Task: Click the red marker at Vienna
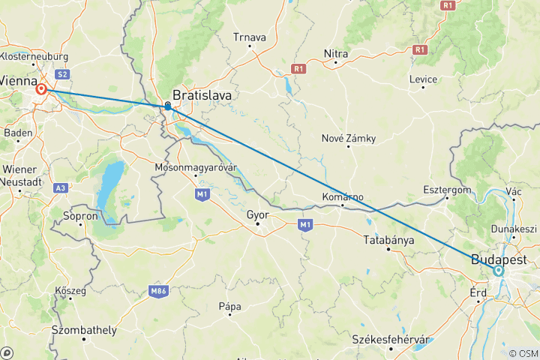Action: pos(41,89)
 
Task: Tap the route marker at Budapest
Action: pos(498,271)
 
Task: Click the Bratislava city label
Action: pos(202,95)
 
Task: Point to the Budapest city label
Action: pos(499,259)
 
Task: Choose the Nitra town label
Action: pos(335,53)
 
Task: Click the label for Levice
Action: pos(423,79)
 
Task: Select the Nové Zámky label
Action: pos(348,138)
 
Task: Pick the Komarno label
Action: pos(343,196)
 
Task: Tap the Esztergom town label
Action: pos(447,190)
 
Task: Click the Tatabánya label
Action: pos(388,240)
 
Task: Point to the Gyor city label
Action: pos(257,214)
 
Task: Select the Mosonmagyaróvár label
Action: pos(195,166)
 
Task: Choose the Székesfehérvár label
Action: pos(393,340)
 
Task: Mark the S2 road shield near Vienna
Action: pos(62,73)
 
